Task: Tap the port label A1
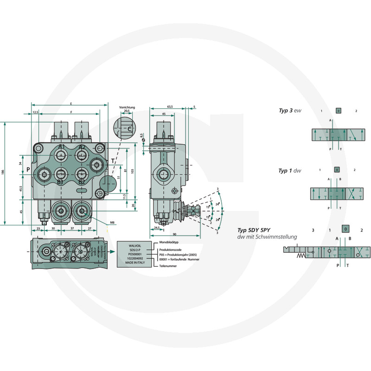[61, 147]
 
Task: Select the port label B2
[81, 182]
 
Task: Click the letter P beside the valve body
[28, 169]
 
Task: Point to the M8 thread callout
[112, 223]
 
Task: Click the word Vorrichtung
[127, 107]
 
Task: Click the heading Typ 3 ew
[289, 110]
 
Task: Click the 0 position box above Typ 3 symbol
[339, 111]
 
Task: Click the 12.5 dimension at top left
[35, 112]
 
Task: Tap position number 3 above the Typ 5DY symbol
[313, 230]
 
